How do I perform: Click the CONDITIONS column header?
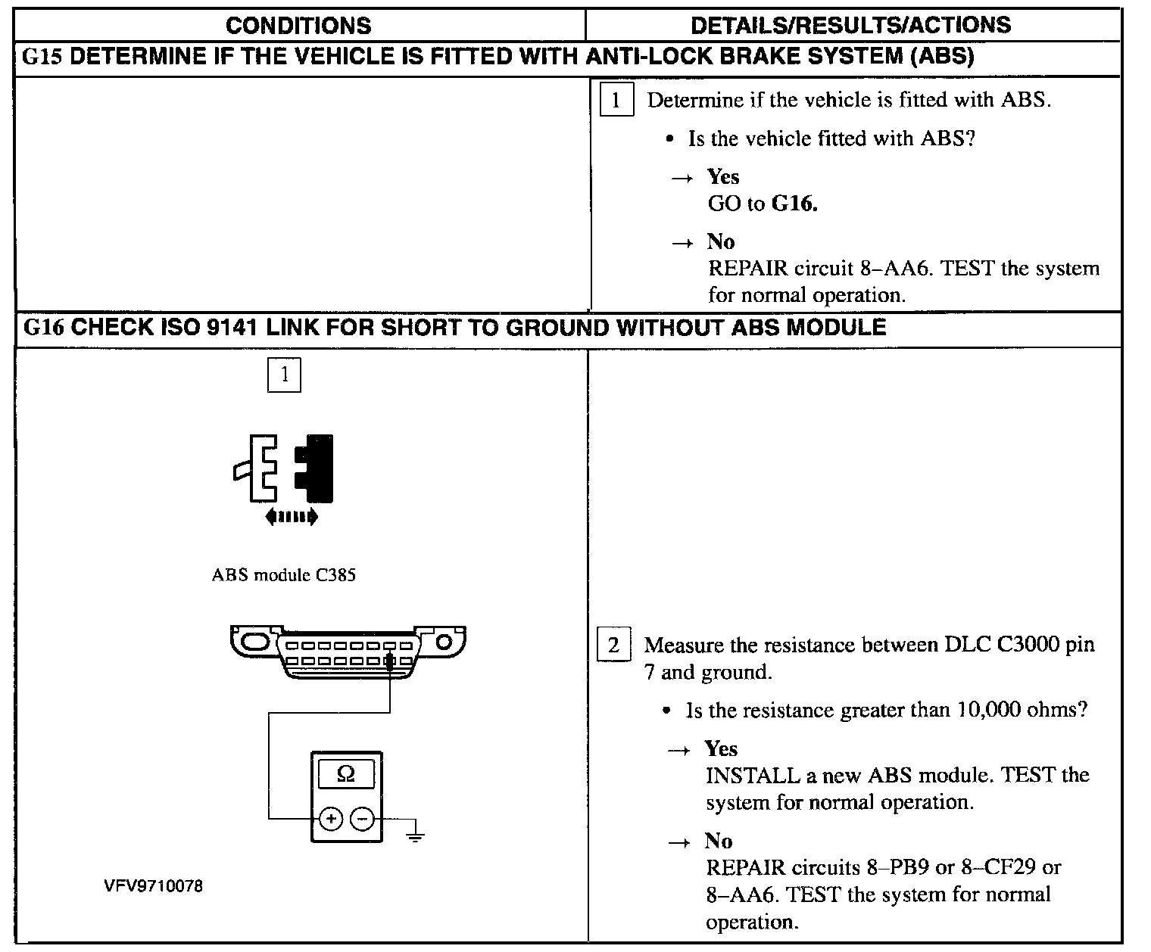298,26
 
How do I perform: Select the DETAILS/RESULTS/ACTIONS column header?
850,26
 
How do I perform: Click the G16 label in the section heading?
43,328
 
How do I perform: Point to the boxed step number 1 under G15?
616,100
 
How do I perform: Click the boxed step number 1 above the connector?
285,375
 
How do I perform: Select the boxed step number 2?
613,646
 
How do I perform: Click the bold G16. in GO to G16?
794,204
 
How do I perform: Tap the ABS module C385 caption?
283,575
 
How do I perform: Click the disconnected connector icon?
284,468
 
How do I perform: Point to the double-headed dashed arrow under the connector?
292,517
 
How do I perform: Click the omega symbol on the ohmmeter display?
345,774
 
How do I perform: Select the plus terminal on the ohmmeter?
331,819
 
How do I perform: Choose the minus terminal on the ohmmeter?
363,819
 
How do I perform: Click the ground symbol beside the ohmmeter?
414,835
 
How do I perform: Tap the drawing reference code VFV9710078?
154,886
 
